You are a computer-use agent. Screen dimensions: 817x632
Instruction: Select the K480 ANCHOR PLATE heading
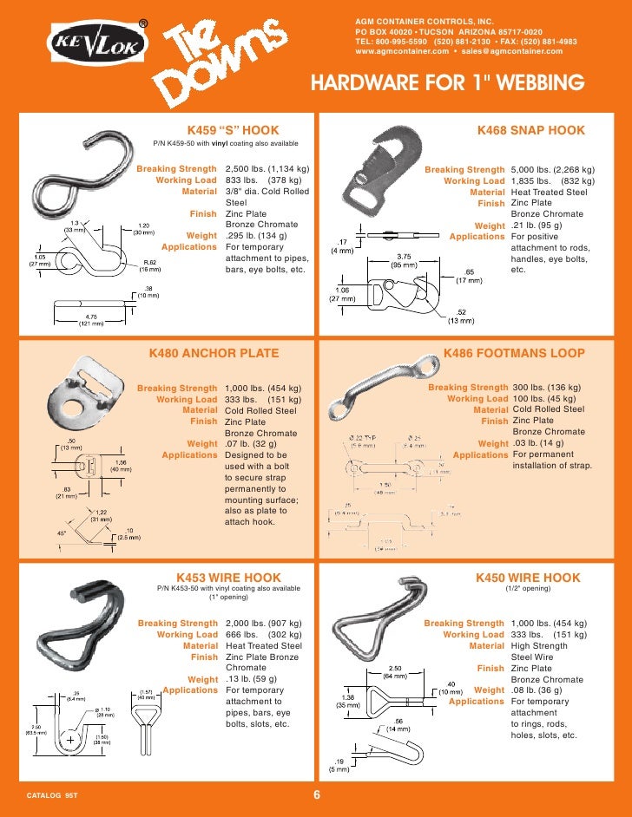[x=214, y=353]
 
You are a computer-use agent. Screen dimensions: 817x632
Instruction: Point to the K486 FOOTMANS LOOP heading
[x=514, y=353]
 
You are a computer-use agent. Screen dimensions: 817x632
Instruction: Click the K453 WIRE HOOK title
[x=227, y=577]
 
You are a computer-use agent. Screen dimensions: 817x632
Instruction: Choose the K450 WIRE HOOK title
[x=528, y=577]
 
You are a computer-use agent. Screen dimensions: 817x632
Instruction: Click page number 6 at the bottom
[x=316, y=796]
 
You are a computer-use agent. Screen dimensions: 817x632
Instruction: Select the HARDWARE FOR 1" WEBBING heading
[x=445, y=84]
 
